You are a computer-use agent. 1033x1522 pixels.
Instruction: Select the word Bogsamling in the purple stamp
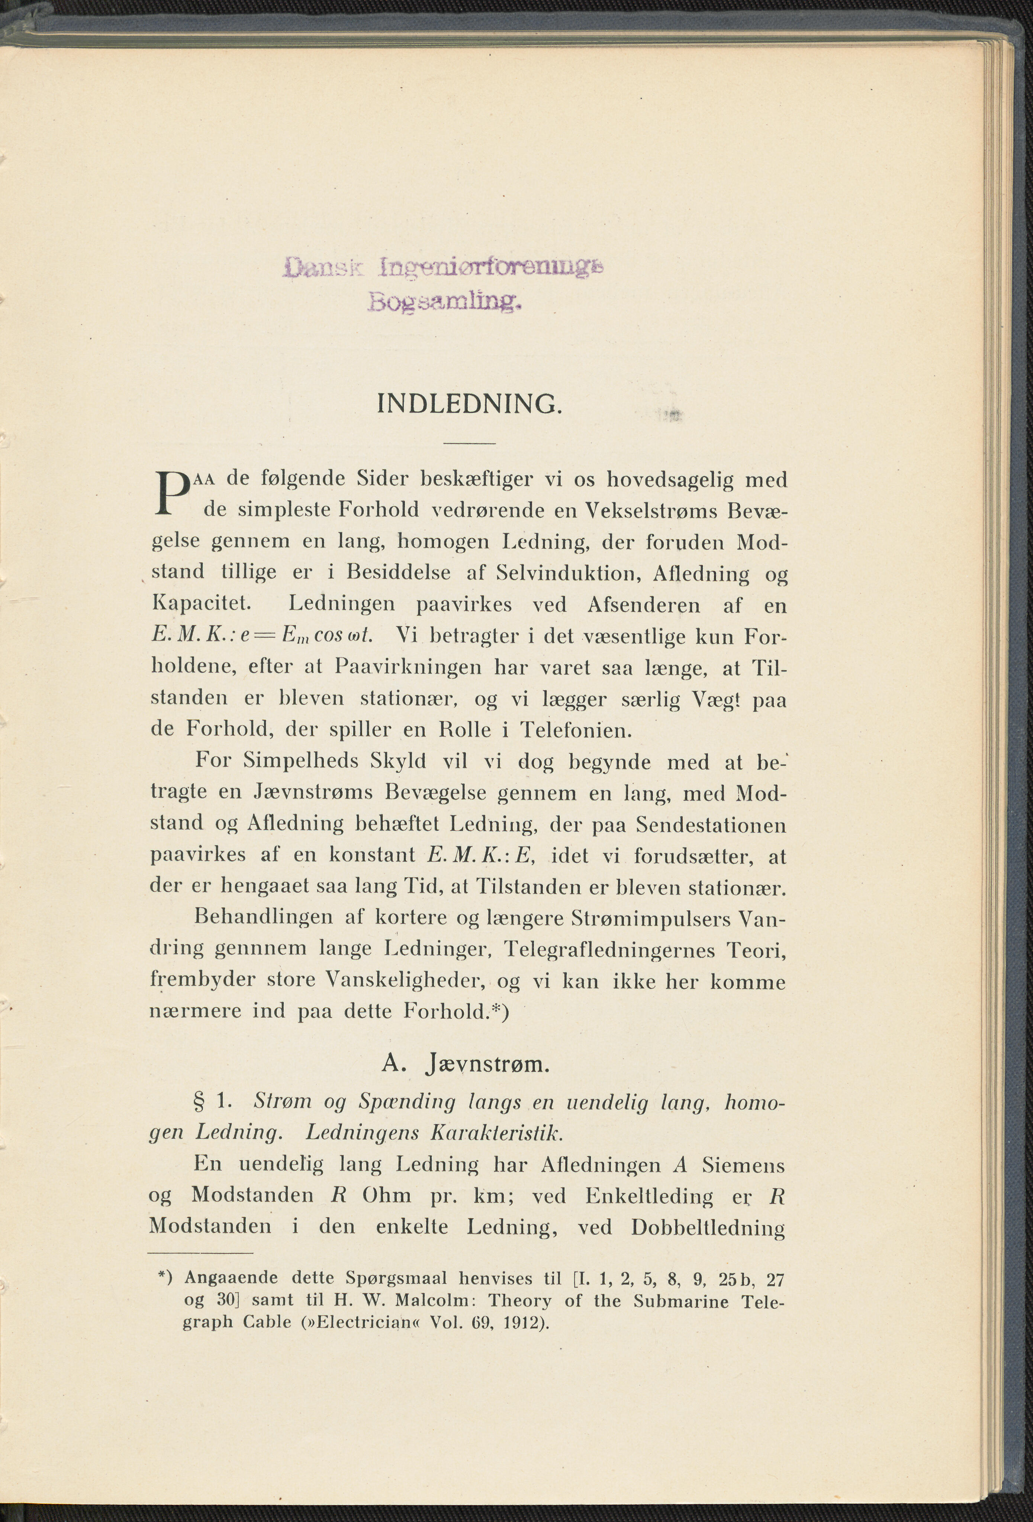[445, 302]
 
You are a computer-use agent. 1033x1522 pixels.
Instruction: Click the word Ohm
[387, 1195]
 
